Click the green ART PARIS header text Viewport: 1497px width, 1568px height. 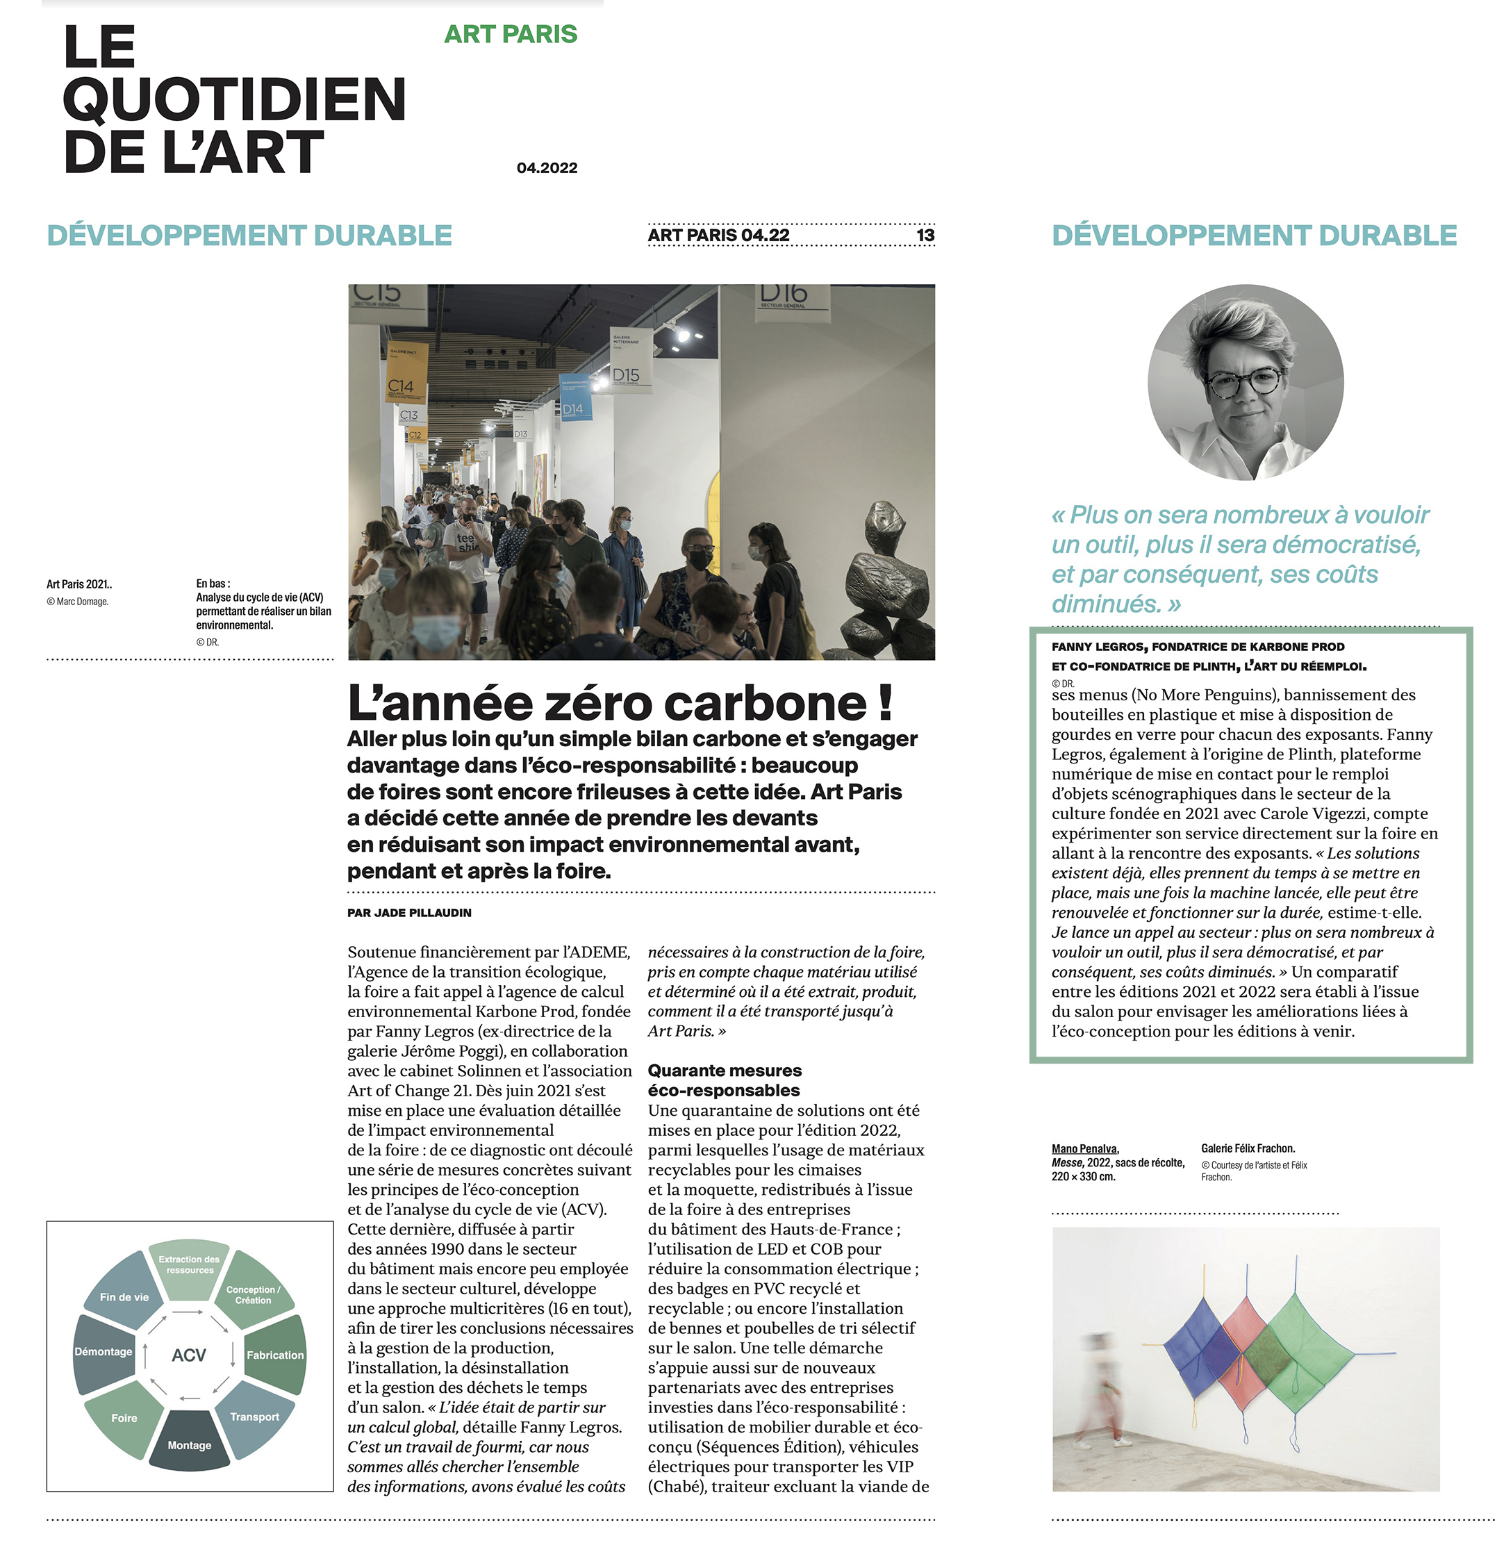510,34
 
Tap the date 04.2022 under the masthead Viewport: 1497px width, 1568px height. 547,167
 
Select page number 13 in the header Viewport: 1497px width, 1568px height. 925,236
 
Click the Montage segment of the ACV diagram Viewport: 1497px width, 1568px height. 189,1444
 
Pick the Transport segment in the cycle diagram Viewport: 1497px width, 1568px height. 254,1417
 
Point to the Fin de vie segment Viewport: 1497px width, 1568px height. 124,1296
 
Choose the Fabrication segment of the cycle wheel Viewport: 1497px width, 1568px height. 274,1355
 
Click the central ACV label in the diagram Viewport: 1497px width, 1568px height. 189,1355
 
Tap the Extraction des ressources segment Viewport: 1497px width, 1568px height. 189,1265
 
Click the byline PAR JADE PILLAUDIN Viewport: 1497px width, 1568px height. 409,913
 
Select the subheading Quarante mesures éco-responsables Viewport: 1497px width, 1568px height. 725,1080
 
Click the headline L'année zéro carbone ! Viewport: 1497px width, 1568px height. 619,703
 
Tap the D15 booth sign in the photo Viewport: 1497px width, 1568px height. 627,375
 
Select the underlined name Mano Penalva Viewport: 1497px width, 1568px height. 1084,1149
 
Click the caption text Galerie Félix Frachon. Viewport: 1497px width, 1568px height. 1247,1148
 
